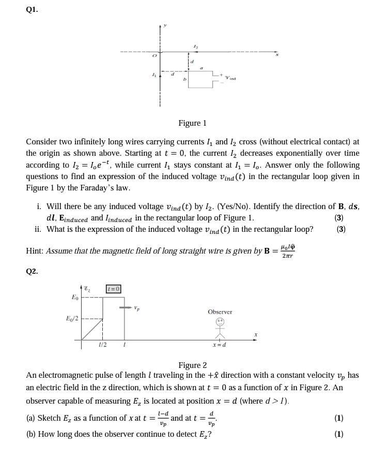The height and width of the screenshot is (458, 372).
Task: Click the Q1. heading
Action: tap(32, 8)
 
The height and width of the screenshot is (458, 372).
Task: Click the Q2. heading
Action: tap(32, 271)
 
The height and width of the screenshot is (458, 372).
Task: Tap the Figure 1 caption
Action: tap(192, 123)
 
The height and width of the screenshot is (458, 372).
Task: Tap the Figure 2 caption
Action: tap(192, 365)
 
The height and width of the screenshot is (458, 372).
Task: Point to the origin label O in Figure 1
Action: tap(154, 54)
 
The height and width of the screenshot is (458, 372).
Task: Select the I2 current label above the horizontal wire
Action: tap(194, 46)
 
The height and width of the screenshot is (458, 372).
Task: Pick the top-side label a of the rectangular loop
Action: tap(202, 67)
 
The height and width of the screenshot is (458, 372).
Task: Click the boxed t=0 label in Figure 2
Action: tap(114, 289)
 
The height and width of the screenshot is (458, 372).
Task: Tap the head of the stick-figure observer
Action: tap(220, 321)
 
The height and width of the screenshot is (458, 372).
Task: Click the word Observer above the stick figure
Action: tap(220, 312)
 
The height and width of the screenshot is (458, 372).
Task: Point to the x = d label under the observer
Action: tap(219, 344)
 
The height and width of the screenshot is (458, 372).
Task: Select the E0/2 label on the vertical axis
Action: tap(72, 318)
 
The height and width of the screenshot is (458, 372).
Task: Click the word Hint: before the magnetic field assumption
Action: tap(35, 251)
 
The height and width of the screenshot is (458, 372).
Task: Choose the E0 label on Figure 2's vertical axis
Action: tap(75, 298)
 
